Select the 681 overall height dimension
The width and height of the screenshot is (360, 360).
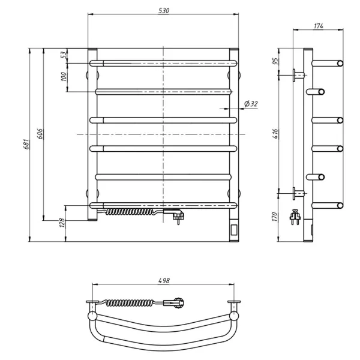(x=25, y=145)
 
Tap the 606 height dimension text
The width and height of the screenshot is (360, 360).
(x=40, y=133)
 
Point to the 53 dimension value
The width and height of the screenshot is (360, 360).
(x=63, y=55)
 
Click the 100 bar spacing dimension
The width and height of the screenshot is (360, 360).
(x=63, y=77)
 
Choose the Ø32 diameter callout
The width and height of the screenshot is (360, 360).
(x=250, y=104)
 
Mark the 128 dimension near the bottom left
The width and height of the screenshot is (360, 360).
(x=61, y=223)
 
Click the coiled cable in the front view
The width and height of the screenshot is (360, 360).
(x=129, y=212)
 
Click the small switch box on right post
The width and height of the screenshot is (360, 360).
(x=233, y=229)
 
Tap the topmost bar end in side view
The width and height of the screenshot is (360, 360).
(x=340, y=62)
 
